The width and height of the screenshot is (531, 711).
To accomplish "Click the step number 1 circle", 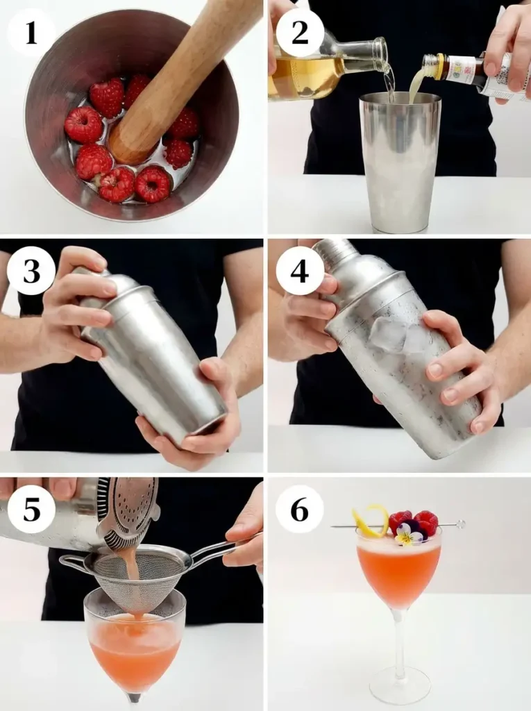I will [31, 32].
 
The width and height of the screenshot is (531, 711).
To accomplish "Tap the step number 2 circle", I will [300, 32].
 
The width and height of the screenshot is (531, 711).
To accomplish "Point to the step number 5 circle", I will [31, 509].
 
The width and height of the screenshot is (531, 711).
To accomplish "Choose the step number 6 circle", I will [300, 509].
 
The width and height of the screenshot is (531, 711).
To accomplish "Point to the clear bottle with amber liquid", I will [326, 69].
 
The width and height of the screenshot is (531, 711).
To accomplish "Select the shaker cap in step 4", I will [336, 253].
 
